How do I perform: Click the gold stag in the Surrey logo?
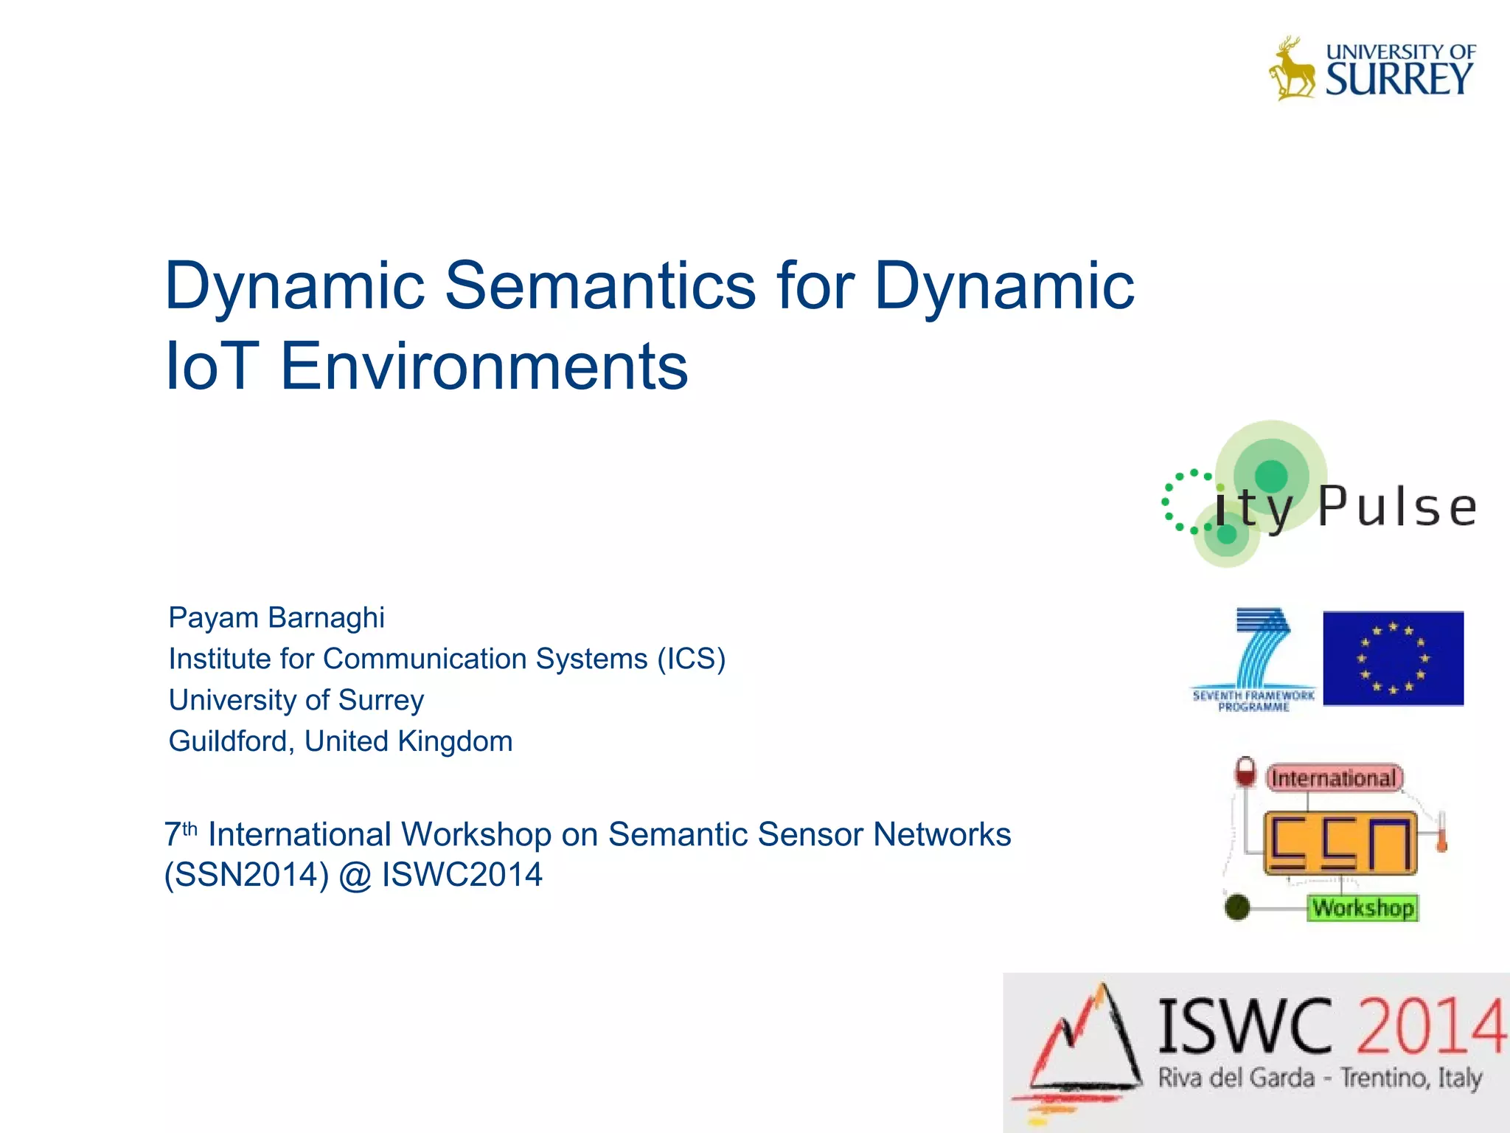point(1292,69)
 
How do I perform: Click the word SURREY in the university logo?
point(1399,80)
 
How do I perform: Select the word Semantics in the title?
point(600,286)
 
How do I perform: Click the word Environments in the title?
point(484,367)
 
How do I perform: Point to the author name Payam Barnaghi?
point(276,618)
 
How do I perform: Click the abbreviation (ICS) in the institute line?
point(691,659)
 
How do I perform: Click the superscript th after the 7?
point(190,828)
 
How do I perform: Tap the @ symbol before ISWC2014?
point(355,876)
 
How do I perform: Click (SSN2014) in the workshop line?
point(246,876)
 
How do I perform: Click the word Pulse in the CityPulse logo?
point(1396,507)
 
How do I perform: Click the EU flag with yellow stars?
point(1393,658)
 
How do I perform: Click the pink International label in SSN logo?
point(1334,778)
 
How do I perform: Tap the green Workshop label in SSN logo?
point(1363,907)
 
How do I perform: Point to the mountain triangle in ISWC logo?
point(1084,1047)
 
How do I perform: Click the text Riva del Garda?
point(1236,1078)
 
